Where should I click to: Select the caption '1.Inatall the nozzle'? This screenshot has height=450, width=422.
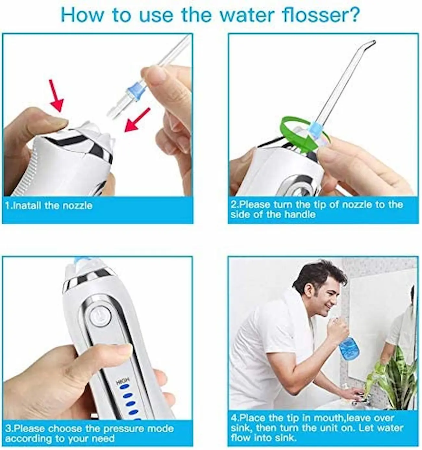[x=49, y=206]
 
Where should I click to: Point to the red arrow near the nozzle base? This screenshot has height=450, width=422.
[x=137, y=120]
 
